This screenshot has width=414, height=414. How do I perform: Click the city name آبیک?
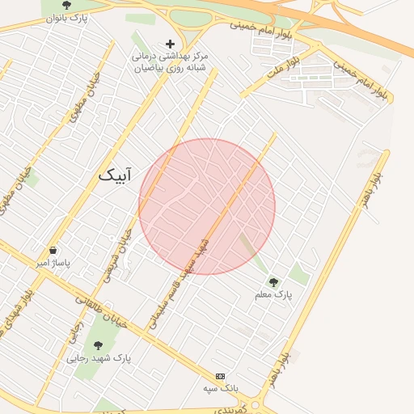[114, 174]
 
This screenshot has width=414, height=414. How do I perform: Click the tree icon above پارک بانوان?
[66, 5]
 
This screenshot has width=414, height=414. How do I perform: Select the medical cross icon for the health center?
[170, 44]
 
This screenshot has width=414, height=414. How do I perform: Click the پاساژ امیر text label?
[53, 264]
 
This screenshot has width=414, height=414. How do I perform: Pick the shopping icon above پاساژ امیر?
[53, 251]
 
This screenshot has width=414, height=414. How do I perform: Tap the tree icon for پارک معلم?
[273, 282]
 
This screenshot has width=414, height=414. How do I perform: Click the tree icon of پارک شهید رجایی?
[98, 344]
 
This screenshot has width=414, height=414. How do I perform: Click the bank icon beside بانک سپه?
[220, 376]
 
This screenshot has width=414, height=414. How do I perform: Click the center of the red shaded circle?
[207, 206]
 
